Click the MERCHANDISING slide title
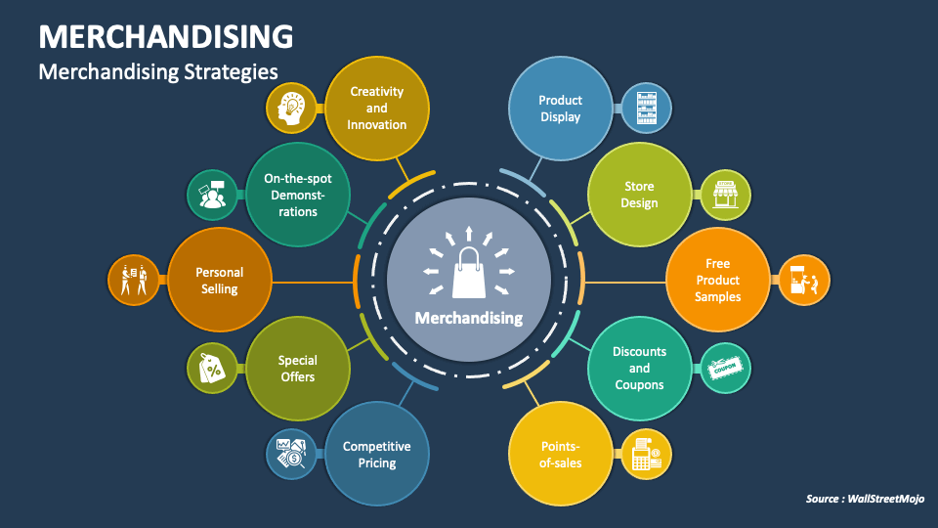[x=166, y=36]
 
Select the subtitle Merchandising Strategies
[x=158, y=71]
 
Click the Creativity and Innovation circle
[x=377, y=108]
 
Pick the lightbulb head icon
[x=292, y=109]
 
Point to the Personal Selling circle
[x=219, y=280]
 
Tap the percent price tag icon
[x=212, y=369]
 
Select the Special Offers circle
[x=297, y=368]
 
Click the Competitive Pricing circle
[x=376, y=454]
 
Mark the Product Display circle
[x=560, y=108]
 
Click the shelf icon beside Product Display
[x=647, y=108]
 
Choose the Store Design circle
[x=639, y=195]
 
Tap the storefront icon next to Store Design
[x=725, y=195]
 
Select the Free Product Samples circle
[x=718, y=280]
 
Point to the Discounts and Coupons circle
[x=639, y=368]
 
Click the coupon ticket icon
[x=725, y=369]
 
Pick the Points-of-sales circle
[x=560, y=454]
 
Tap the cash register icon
[x=647, y=454]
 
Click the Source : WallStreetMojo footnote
[x=865, y=500]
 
